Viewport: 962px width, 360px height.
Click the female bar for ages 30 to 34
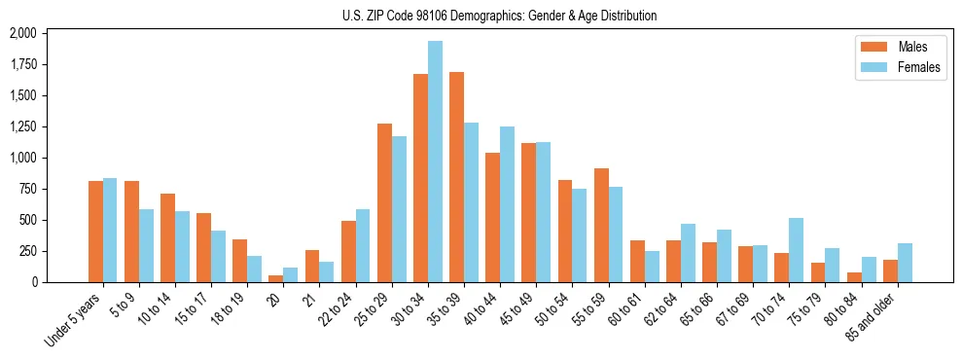(x=435, y=162)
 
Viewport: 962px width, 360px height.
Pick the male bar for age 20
(x=275, y=278)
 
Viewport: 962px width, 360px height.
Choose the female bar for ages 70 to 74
(x=796, y=250)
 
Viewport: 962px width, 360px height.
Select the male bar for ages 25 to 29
(x=384, y=202)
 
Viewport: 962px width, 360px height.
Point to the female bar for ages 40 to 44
(x=507, y=204)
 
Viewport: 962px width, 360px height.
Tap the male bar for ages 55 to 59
(x=601, y=225)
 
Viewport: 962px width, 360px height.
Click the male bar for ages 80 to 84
(x=854, y=277)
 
